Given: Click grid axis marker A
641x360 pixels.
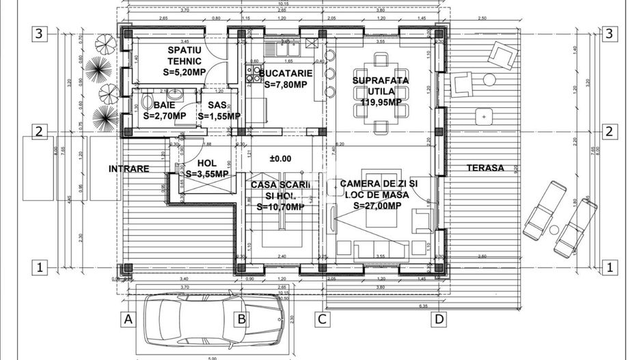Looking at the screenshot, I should point(126,318).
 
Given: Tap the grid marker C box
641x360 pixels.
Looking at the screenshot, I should point(323,318).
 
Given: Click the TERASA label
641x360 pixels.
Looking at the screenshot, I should point(485,167).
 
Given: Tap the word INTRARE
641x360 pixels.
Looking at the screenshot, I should point(128,167).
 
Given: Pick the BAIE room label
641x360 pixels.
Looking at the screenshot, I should point(164,105).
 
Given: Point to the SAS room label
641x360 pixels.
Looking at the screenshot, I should point(217,105).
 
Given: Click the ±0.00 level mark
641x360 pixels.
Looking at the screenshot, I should point(280,158).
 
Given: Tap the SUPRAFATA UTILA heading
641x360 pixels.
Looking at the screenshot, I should point(381,85).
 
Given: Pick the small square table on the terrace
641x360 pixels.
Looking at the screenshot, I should point(484,117).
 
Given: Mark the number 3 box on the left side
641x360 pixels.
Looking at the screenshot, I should point(40,33).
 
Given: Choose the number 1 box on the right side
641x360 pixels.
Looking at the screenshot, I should point(609,268).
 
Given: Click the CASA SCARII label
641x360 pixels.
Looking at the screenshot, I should point(277,185).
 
